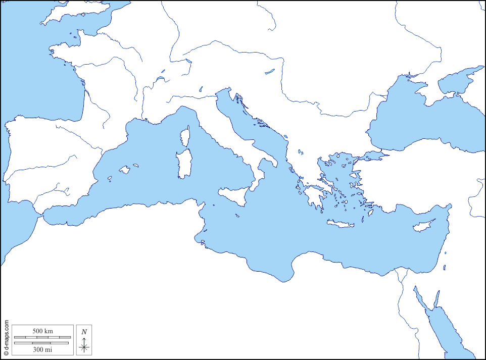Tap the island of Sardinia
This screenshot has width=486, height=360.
183,164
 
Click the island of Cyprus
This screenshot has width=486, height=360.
423,226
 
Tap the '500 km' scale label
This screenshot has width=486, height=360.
42,331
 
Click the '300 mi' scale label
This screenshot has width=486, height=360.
42,349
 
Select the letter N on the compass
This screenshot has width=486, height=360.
84,332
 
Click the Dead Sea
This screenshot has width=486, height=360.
445,268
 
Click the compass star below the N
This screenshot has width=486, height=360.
84,346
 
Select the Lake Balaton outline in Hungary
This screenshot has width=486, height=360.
270,72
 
